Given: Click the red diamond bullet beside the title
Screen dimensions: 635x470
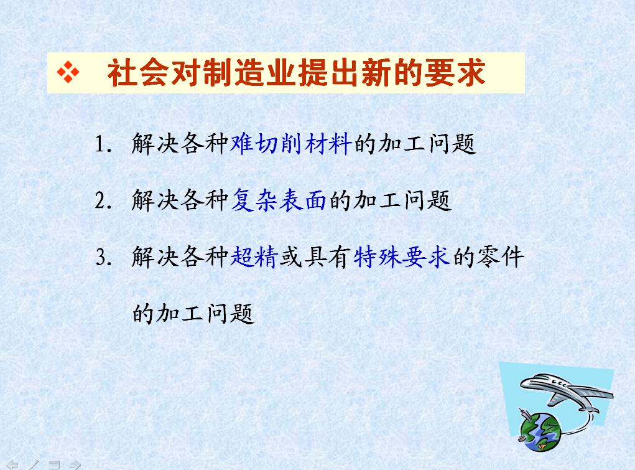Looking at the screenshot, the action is [x=68, y=73].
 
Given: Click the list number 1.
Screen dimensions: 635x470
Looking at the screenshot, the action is [x=103, y=144].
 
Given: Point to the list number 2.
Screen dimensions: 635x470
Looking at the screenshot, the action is [x=103, y=200].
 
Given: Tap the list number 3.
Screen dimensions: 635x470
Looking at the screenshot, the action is [x=103, y=257].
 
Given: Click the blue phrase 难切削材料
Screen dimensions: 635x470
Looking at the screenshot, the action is [x=291, y=143].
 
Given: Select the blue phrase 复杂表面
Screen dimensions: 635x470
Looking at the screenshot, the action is [x=279, y=200].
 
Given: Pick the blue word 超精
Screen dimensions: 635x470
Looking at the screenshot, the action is [x=254, y=256].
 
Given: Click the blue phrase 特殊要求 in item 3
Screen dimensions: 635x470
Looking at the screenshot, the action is [x=402, y=256].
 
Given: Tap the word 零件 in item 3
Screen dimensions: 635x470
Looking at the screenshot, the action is [x=501, y=256].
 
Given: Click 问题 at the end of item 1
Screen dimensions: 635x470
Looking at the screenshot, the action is [x=452, y=143].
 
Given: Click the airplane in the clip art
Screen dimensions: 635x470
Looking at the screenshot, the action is [x=566, y=390].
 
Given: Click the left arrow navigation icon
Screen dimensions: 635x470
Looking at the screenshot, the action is [x=12, y=465].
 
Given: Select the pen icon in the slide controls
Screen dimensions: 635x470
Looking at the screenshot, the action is [x=34, y=465].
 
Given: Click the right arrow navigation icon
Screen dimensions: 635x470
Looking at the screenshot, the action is [x=75, y=465].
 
